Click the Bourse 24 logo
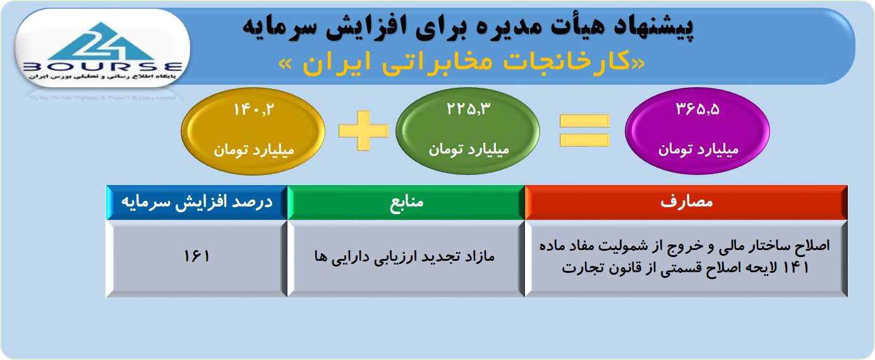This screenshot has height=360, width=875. (103, 49)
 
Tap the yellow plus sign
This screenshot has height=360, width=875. (363, 130)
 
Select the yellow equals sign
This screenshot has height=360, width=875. (584, 130)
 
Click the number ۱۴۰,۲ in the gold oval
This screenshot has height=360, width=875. (253, 109)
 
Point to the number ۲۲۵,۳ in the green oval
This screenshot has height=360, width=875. (468, 109)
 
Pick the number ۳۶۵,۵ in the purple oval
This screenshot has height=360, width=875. (697, 109)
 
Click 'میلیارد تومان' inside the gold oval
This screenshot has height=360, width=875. (253, 150)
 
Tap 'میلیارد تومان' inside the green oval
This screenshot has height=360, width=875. (469, 149)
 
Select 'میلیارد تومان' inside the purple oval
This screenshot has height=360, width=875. (699, 149)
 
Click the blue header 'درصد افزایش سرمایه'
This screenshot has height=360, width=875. (197, 202)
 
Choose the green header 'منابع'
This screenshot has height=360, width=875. (406, 202)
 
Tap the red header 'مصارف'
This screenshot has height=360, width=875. (686, 202)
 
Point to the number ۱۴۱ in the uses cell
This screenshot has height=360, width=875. (796, 267)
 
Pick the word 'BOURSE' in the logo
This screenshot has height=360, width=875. (103, 67)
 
